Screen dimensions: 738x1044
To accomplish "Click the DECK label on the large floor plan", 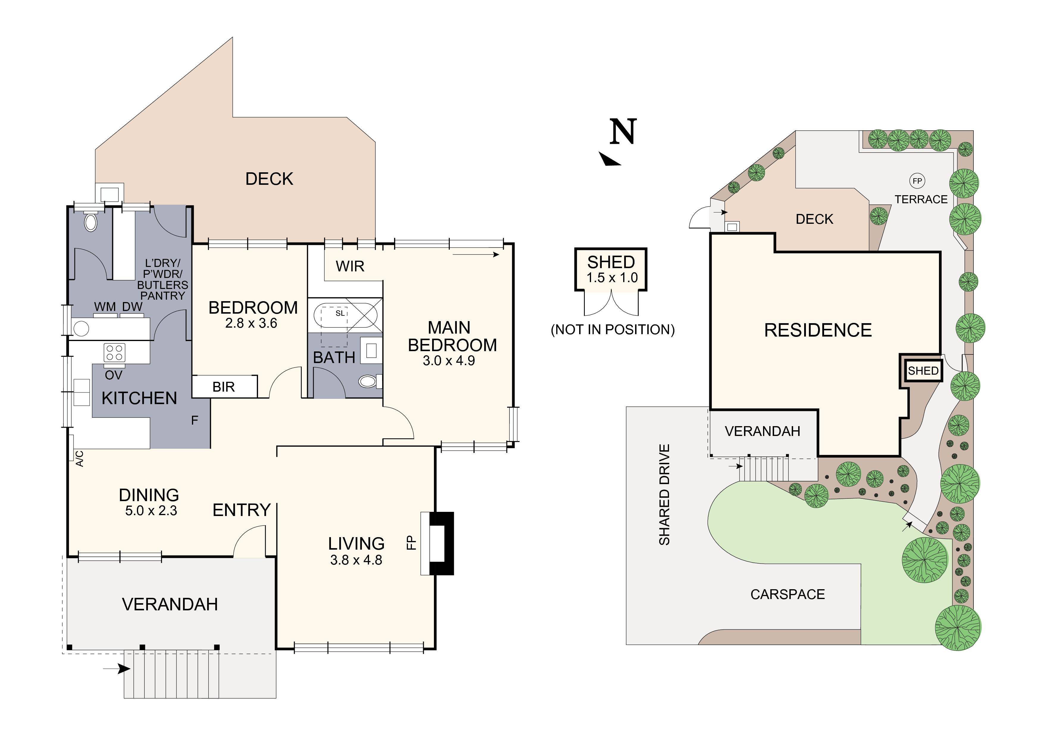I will click(x=269, y=179).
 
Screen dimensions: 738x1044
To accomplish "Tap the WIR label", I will click(x=350, y=266).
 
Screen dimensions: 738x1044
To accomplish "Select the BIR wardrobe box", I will click(x=224, y=387).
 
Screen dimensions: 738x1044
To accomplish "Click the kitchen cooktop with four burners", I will click(x=114, y=352).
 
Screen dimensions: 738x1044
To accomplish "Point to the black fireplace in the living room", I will click(x=442, y=543).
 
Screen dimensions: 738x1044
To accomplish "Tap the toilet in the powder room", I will click(x=91, y=222).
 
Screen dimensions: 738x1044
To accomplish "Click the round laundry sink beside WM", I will click(x=81, y=328).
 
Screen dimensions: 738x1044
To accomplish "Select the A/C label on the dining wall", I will click(x=79, y=458).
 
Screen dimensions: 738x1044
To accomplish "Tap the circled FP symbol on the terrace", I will click(x=917, y=181).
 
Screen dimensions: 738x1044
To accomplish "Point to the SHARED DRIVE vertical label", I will click(x=664, y=495).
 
